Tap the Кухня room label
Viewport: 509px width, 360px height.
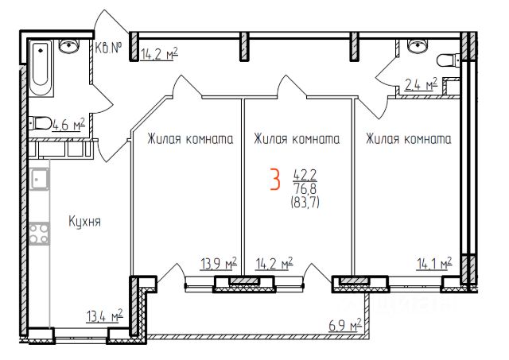coord(84,221)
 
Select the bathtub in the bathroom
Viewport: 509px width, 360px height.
coord(39,67)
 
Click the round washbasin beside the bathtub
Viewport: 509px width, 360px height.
coord(68,47)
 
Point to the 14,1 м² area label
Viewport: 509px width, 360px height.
coord(433,264)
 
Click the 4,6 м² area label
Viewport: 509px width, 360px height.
coord(68,124)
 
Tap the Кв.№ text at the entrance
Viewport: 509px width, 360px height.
coord(108,48)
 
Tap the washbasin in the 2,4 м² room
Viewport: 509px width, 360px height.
coord(415,47)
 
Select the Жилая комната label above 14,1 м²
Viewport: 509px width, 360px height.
coord(408,139)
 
